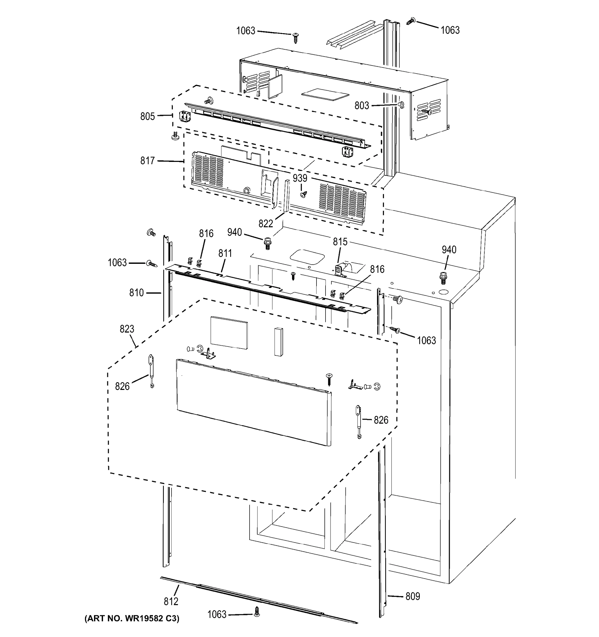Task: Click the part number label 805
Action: (x=147, y=117)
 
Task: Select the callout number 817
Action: (x=147, y=161)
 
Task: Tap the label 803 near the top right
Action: (x=362, y=106)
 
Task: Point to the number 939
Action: (x=300, y=178)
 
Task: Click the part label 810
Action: (x=136, y=293)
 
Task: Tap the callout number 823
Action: (x=127, y=329)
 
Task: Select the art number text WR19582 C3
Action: (x=132, y=618)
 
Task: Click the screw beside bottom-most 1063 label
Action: (x=256, y=612)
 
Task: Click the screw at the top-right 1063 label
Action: (x=410, y=21)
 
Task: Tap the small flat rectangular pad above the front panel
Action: (x=229, y=333)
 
